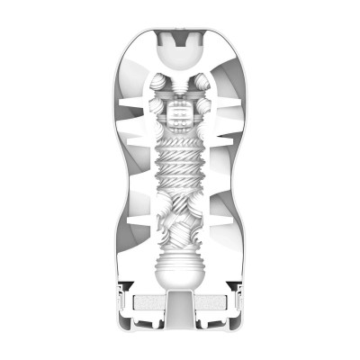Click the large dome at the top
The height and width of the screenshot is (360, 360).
click(x=180, y=47)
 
